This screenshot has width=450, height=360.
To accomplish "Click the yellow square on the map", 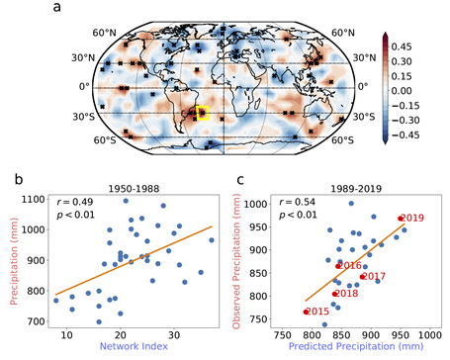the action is click(203, 113).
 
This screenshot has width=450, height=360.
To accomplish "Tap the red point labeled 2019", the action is click(401, 219).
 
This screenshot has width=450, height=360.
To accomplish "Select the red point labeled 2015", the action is click(306, 312).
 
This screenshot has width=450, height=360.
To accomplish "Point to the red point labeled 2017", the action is click(362, 277).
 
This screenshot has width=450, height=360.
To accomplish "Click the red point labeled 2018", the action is click(334, 294).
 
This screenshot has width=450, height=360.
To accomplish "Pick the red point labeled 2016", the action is click(338, 266).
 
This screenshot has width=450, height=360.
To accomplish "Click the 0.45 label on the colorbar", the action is click(402, 46).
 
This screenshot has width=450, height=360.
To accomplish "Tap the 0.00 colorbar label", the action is click(402, 91).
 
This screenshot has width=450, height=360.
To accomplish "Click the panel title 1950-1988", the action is click(134, 189).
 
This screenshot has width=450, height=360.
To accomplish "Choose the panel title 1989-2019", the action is click(356, 189).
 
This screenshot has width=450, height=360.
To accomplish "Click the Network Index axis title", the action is click(134, 346).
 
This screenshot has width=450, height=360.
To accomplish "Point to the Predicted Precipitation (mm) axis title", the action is click(356, 346).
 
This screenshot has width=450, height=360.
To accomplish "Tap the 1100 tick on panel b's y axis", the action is click(34, 200).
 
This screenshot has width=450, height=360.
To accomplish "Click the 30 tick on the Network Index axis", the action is click(174, 335).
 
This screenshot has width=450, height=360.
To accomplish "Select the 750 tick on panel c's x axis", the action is click(283, 335).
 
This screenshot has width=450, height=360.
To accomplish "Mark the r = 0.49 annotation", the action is click(75, 202).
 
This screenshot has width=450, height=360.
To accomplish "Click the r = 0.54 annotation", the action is click(298, 202).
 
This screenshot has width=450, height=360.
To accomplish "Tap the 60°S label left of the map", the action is click(105, 140).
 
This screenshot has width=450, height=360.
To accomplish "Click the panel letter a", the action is click(56, 7).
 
